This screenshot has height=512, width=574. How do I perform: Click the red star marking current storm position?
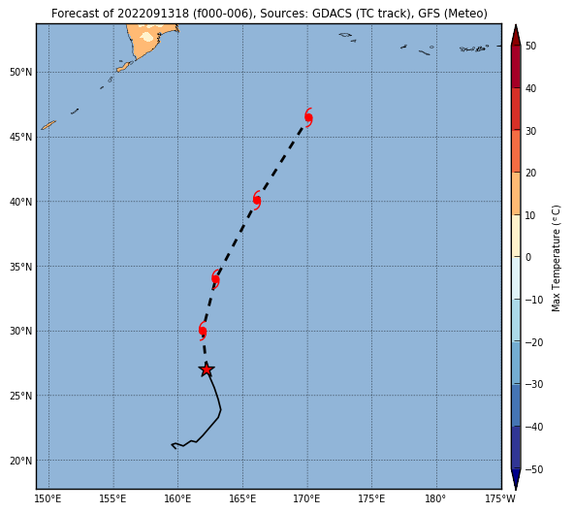[207, 369]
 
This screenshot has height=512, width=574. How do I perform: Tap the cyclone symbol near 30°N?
[203, 331]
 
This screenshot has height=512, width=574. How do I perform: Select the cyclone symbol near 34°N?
[215, 279]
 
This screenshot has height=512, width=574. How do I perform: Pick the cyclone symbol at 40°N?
[257, 201]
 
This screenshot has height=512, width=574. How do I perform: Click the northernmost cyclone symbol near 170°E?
[308, 118]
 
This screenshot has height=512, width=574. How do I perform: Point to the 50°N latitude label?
[20, 72]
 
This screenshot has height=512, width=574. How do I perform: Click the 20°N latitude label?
[20, 461]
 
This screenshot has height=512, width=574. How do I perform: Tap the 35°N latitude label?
[20, 267]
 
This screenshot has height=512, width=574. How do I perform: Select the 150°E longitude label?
[48, 498]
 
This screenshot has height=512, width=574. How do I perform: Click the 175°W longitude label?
[500, 498]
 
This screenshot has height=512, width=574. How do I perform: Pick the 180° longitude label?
[435, 498]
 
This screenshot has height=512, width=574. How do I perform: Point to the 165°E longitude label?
[242, 498]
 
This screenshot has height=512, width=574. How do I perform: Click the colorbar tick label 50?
[530, 47]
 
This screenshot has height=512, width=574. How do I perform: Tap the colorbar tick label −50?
[533, 469]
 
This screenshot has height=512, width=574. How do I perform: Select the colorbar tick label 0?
[527, 258]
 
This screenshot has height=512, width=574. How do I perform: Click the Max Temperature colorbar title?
[556, 258]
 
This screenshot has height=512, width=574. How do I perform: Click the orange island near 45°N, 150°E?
[48, 125]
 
